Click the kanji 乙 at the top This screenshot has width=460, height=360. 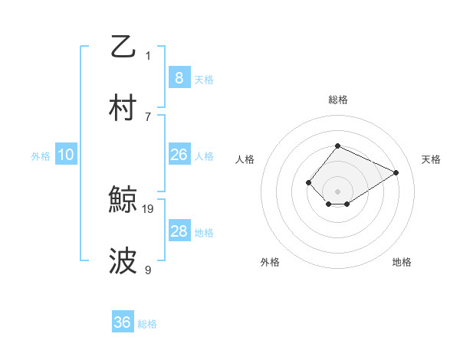pos(123,47)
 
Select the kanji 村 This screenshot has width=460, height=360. pos(123,109)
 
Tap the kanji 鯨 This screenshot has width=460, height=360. pos(123,201)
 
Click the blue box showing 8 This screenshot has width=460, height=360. pos(179,78)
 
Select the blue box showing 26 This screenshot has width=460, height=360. pos(179,155)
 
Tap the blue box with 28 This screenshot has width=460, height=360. pos(179,231)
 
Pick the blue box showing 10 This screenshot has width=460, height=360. pos(66,155)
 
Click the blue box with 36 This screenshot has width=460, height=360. pos(122,322)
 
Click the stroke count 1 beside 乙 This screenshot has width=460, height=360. pos(148,55)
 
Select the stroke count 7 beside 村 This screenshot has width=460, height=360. pos(148,116)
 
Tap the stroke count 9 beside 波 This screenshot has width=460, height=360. pos(148,270)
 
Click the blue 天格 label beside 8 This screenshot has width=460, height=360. pos(204,79)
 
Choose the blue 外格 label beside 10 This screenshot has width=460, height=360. pos(41,155)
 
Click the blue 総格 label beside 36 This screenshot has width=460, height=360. pos(147,323)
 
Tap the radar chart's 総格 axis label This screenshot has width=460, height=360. pos(337,100)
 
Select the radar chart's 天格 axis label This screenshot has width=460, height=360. pos(431,159)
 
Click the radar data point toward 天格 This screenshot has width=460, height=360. pos(396,172)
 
